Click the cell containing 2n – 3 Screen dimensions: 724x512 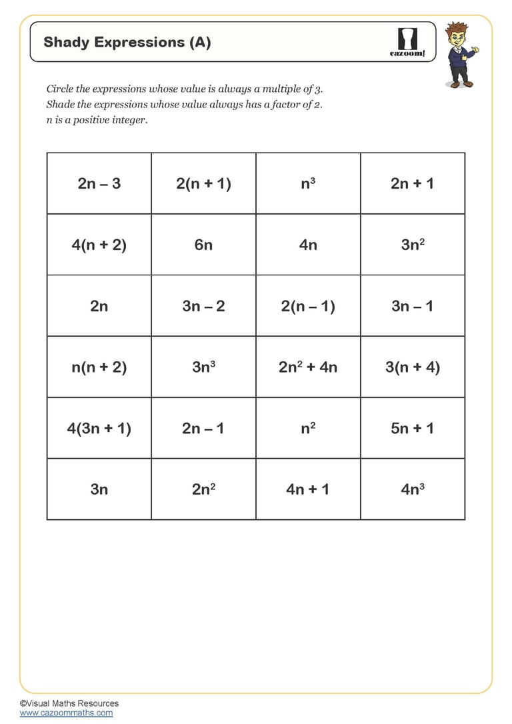point(99,183)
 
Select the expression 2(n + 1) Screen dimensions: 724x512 point(203,183)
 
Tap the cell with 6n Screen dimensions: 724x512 point(203,245)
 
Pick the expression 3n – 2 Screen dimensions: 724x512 point(203,306)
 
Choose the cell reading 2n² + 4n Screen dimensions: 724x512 point(308,367)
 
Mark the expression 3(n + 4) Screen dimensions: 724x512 point(413,367)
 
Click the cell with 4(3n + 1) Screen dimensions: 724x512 point(99,428)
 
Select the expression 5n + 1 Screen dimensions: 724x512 point(413,428)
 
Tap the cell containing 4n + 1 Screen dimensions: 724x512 point(308,489)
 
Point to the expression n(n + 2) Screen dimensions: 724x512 point(99,367)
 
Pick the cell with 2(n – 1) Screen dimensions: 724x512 point(308,306)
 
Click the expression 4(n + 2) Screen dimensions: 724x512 point(99,245)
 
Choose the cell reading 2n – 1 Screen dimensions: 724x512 point(203,428)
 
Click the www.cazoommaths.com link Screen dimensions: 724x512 point(66,713)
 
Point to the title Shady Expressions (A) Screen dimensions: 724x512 point(127,43)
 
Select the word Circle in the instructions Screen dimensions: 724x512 point(59,89)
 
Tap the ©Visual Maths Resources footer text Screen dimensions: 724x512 point(69,703)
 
